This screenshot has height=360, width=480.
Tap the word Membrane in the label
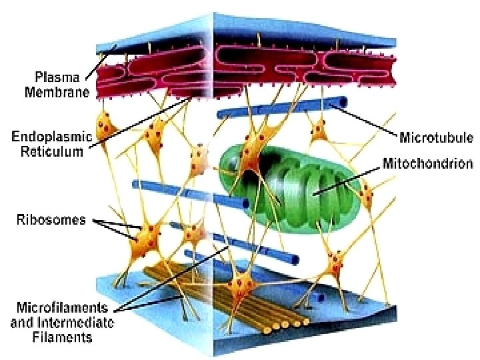tap(57, 93)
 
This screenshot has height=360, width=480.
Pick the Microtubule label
tap(435, 138)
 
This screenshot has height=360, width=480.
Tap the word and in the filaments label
tap(23, 323)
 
